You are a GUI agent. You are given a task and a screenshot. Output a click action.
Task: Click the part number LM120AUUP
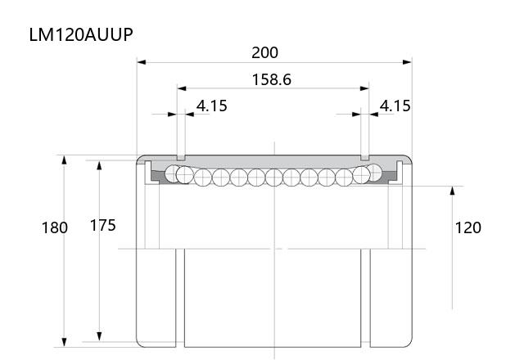[x=81, y=34]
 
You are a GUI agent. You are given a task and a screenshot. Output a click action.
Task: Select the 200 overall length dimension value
[x=264, y=52]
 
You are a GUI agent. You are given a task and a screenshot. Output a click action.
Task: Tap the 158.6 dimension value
[x=271, y=79]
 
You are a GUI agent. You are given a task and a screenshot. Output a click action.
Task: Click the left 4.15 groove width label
[x=211, y=106]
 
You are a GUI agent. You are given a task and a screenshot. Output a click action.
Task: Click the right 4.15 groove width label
[x=395, y=106]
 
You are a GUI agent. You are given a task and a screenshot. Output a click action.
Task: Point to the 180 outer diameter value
[x=55, y=227]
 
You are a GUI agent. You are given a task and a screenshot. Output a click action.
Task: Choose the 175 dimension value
[x=103, y=226]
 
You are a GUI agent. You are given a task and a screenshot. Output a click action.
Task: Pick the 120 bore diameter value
[x=468, y=227]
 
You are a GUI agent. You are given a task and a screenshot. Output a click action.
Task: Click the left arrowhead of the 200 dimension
[x=142, y=62]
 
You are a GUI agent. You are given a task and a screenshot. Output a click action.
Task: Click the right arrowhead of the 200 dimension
[x=408, y=62]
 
